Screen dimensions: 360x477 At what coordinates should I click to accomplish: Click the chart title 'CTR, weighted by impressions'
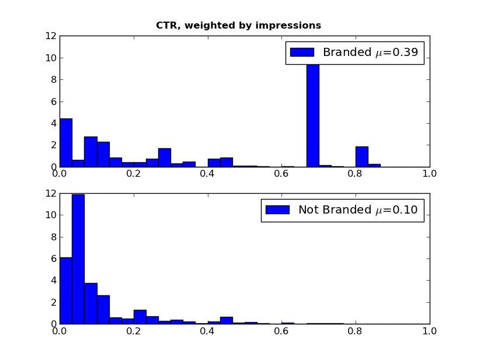click(x=238, y=26)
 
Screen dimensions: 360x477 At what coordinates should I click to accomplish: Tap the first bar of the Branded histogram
click(x=65, y=143)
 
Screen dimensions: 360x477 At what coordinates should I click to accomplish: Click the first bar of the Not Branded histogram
click(x=65, y=291)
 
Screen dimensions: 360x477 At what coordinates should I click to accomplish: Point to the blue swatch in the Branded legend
click(x=302, y=53)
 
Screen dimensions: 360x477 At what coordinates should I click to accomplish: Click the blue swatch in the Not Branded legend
click(x=277, y=209)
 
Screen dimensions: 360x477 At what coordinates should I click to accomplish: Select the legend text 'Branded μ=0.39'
click(x=370, y=53)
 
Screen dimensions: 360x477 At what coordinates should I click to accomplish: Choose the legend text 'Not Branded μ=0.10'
click(x=358, y=210)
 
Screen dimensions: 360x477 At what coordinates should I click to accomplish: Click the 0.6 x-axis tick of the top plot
click(x=281, y=173)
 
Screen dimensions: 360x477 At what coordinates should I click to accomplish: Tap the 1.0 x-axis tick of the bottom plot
click(x=430, y=331)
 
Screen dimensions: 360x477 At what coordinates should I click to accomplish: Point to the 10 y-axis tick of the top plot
click(x=51, y=58)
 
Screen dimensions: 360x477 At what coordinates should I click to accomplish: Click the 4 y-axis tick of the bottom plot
click(x=54, y=280)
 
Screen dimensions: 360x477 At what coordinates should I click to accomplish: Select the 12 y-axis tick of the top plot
click(x=51, y=36)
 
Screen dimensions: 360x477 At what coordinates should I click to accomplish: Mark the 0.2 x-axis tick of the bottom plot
click(x=133, y=331)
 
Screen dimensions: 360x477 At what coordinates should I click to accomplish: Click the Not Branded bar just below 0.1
click(x=90, y=303)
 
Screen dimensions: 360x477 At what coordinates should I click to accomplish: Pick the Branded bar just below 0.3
click(x=164, y=158)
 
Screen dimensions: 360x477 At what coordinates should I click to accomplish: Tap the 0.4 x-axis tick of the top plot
click(x=207, y=173)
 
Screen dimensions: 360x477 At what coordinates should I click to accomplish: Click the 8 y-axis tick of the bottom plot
click(x=54, y=236)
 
